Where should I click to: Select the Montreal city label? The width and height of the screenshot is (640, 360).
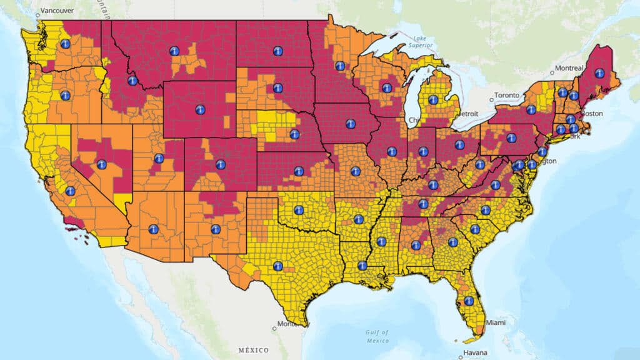[x=569, y=67]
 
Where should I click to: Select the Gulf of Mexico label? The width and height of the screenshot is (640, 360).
[x=377, y=336]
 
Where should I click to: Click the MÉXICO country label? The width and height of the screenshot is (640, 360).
[x=253, y=350]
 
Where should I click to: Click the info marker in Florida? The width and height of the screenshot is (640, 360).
[x=469, y=301]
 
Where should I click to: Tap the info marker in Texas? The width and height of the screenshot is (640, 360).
[x=278, y=266]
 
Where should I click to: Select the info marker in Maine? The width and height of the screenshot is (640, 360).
[x=599, y=73]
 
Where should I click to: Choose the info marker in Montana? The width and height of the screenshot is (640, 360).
[x=174, y=51]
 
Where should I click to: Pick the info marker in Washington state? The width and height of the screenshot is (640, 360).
[x=65, y=44]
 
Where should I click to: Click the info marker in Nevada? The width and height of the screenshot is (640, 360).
[x=101, y=164]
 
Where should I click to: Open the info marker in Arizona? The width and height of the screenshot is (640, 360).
[x=153, y=229]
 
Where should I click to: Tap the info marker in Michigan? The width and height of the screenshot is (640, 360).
[x=433, y=99]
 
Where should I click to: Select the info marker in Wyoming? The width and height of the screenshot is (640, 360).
[x=200, y=109]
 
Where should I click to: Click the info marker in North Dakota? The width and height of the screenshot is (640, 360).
[x=277, y=51]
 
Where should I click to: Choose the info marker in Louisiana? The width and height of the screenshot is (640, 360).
[x=362, y=266]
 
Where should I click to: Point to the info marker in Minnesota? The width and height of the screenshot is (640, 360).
[x=340, y=66]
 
